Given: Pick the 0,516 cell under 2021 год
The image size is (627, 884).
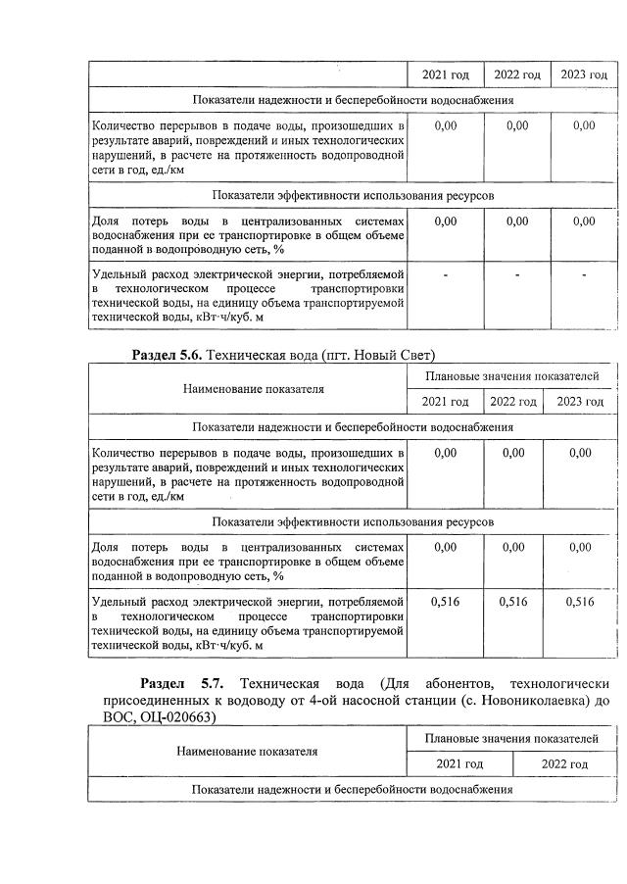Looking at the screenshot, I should (x=445, y=602).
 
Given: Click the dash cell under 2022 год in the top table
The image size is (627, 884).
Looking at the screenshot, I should (x=517, y=274).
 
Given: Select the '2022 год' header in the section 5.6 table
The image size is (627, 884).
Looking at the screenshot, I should (x=513, y=401).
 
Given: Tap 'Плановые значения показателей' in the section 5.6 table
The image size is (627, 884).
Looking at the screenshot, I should (x=511, y=375).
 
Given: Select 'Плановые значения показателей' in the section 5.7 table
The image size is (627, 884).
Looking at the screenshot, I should (x=511, y=738).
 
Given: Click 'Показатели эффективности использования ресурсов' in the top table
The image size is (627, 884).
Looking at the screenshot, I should (x=353, y=195).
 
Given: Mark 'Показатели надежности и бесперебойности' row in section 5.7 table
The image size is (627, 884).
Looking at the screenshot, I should (x=353, y=789).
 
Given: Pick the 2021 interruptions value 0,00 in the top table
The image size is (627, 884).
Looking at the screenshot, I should (x=445, y=125).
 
